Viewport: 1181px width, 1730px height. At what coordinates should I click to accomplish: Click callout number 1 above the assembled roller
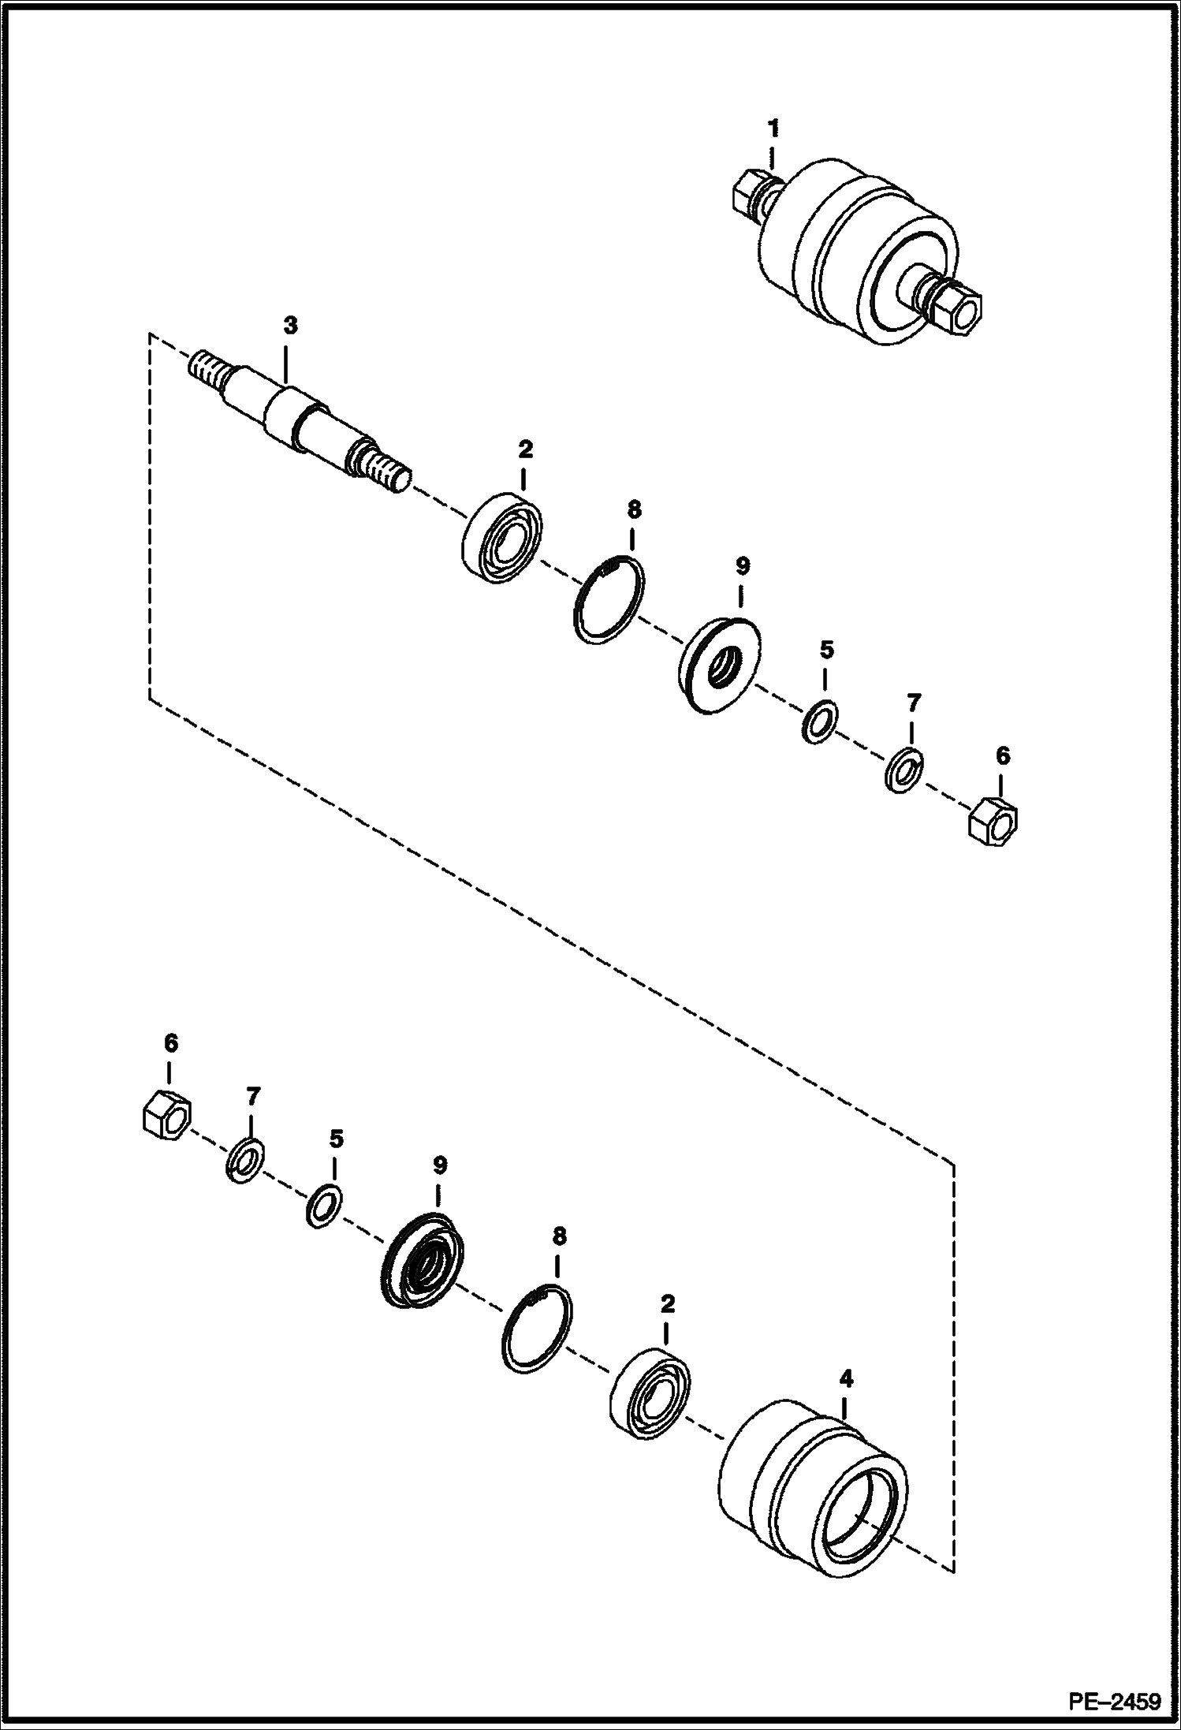[773, 126]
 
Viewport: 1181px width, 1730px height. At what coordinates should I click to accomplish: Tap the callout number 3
[291, 325]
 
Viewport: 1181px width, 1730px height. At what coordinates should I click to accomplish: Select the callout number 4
[847, 1380]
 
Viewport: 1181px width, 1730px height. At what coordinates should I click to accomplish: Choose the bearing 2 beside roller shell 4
[650, 1400]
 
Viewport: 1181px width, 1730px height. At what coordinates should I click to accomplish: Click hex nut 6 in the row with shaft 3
[996, 824]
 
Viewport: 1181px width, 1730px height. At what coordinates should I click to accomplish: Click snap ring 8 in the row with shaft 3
[608, 599]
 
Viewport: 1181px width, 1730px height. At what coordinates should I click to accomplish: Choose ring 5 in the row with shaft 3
[820, 720]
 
